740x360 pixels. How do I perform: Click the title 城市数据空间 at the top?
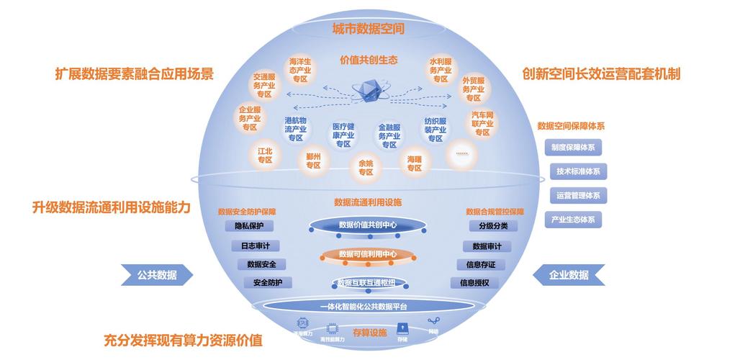click(368, 29)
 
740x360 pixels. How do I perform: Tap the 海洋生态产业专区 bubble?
click(299, 71)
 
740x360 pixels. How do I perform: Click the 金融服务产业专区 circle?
click(389, 135)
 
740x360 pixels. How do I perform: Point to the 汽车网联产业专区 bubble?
click(482, 123)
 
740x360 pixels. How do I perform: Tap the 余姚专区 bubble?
click(365, 167)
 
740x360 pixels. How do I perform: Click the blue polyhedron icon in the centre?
click(368, 92)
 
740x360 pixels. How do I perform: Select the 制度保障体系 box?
click(573, 147)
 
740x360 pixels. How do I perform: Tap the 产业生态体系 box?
click(573, 219)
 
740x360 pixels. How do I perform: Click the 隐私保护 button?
click(249, 226)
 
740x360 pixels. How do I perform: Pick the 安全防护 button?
click(268, 283)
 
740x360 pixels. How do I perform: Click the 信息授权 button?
click(474, 283)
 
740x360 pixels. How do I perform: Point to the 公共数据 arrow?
click(158, 274)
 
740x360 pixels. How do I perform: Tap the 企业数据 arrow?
click(569, 274)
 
